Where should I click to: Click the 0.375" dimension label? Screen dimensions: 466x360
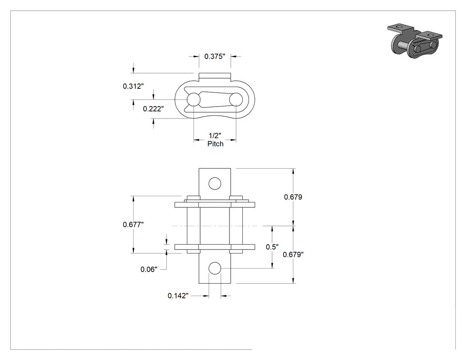(x=214, y=56)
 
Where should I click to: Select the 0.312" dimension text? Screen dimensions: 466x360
(x=133, y=86)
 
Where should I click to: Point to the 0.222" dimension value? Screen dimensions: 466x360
(x=154, y=109)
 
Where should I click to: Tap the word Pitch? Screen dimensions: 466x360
(x=215, y=144)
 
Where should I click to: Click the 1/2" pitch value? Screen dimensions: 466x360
(x=215, y=136)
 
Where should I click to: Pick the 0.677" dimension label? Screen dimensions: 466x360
(x=133, y=225)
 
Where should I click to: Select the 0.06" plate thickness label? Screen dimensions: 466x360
(x=149, y=269)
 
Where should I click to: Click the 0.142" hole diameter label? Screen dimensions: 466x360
(x=178, y=296)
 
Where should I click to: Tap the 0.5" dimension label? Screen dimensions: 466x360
(x=272, y=247)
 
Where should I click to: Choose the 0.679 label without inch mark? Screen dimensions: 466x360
(x=293, y=197)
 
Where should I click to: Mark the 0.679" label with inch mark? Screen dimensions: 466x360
(x=293, y=254)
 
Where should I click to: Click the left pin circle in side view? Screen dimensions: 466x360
(x=194, y=99)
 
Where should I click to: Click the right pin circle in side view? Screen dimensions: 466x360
(x=236, y=99)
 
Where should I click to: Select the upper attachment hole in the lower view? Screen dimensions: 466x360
(x=215, y=184)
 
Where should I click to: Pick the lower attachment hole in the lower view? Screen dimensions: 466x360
(x=215, y=269)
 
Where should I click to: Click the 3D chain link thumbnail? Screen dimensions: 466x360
(x=415, y=40)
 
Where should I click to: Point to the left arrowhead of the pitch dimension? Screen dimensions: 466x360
(x=197, y=140)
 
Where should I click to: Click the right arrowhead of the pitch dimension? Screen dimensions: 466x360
(x=233, y=140)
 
